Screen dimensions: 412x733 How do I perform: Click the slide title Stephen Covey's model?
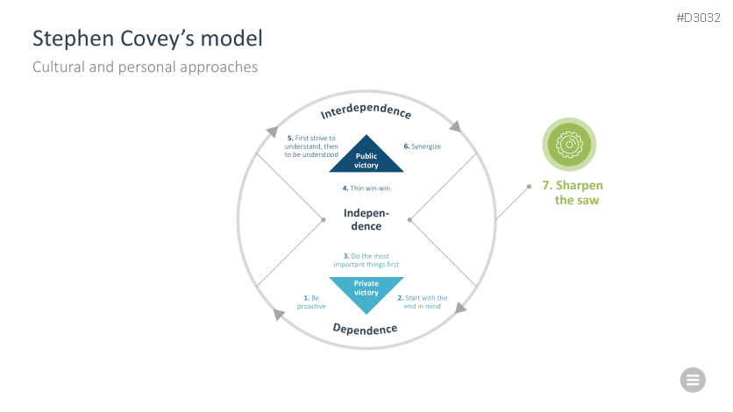click(147, 39)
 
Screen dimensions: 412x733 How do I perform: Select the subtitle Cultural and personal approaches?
click(145, 67)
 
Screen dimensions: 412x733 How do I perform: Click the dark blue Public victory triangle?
click(366, 157)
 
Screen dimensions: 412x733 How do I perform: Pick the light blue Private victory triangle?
click(366, 288)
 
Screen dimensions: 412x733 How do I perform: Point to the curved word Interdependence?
click(366, 112)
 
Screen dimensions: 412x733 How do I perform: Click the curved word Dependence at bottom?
click(365, 330)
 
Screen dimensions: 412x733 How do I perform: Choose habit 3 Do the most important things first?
click(366, 259)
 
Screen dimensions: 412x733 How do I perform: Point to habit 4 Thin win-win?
click(366, 188)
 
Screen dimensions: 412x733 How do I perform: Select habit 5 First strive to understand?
click(312, 146)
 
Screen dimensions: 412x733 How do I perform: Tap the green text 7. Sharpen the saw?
click(573, 193)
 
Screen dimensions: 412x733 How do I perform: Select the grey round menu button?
click(693, 380)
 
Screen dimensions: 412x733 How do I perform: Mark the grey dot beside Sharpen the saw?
click(529, 186)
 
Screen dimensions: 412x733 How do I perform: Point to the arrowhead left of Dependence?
click(279, 314)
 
